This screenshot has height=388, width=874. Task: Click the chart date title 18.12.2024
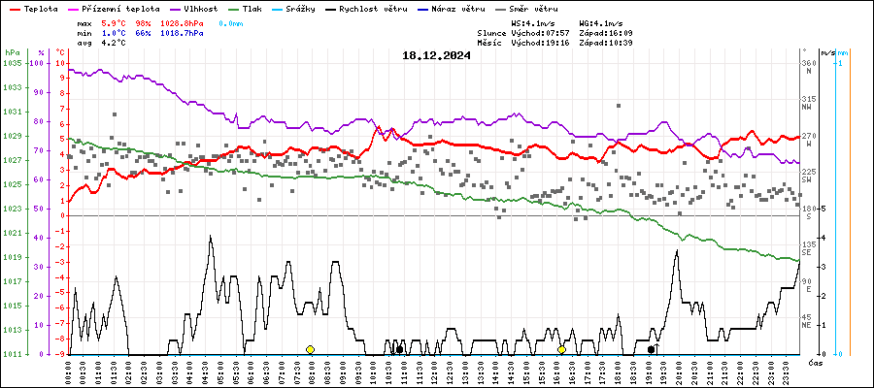436,56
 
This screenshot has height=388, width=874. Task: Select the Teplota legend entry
35,8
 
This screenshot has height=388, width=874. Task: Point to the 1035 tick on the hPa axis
12,63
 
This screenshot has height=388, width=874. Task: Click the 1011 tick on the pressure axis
12,354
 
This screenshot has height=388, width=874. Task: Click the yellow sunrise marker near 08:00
310,349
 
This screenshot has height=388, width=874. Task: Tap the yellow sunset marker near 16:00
561,349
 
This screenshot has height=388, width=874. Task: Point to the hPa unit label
12,52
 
